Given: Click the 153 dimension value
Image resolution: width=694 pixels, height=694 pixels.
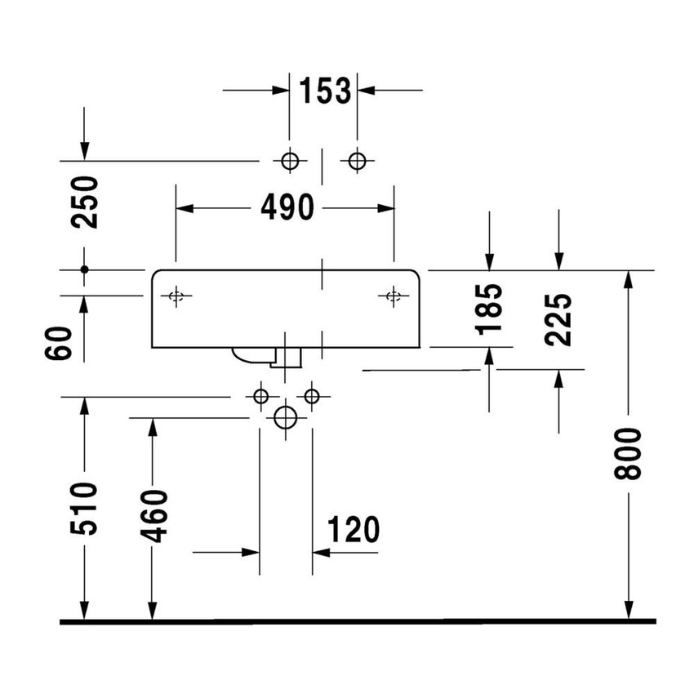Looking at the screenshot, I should tap(323, 91).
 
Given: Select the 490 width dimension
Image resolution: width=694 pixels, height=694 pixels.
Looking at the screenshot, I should tap(287, 208).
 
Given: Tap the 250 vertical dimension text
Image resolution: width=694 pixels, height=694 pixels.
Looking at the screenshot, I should tap(84, 202).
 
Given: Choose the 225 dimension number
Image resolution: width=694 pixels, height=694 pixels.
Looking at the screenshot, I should tap(559, 320).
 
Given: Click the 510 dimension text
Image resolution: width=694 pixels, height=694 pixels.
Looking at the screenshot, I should tap(84, 508).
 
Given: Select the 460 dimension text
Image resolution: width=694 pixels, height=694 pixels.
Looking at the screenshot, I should tap(153, 516).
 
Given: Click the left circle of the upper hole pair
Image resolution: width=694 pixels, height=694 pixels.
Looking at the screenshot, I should tap(289, 161).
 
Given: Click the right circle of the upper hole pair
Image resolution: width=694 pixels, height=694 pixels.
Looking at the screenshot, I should tap(356, 161).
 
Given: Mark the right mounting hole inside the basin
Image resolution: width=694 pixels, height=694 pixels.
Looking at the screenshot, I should tap(394, 296).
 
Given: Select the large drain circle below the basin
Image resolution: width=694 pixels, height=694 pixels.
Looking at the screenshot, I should tap(285, 417).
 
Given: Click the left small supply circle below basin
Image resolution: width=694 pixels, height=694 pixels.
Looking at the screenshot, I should tap(260, 397).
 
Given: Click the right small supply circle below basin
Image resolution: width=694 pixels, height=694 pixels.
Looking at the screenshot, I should tap(311, 397).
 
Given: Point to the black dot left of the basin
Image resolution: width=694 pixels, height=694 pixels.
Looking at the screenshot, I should tap(84, 269).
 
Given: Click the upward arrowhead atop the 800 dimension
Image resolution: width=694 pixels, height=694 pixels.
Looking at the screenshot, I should tap(629, 279).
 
